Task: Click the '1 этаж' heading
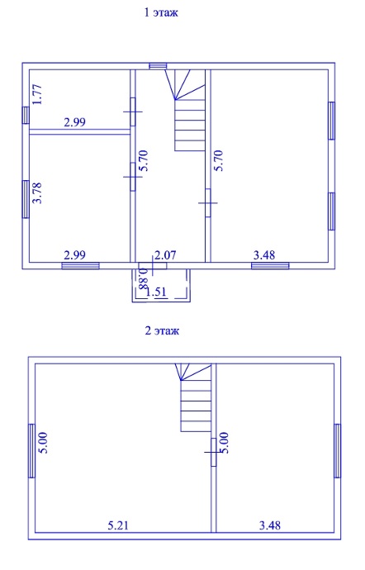pyautogui.click(x=161, y=12)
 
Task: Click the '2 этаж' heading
pyautogui.click(x=162, y=331)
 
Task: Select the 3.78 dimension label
pyautogui.click(x=37, y=193)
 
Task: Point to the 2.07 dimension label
pyautogui.click(x=165, y=254)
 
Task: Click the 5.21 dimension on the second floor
pyautogui.click(x=118, y=525)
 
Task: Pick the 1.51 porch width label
pyautogui.click(x=156, y=292)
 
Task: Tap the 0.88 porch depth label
pyautogui.click(x=143, y=278)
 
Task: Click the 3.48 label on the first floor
pyautogui.click(x=264, y=254)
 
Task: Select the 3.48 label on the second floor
pyautogui.click(x=270, y=525)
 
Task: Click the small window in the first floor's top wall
pyautogui.click(x=159, y=66)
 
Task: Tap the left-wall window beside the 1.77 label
pyautogui.click(x=26, y=115)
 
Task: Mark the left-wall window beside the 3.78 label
pyautogui.click(x=26, y=199)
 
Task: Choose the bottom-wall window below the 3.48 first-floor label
pyautogui.click(x=270, y=266)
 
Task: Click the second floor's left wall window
pyautogui.click(x=31, y=451)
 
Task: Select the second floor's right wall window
pyautogui.click(x=338, y=451)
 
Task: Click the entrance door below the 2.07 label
pyautogui.click(x=153, y=266)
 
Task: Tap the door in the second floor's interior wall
pyautogui.click(x=213, y=452)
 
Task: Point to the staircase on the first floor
pyautogui.click(x=186, y=110)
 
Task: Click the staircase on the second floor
pyautogui.click(x=193, y=397)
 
